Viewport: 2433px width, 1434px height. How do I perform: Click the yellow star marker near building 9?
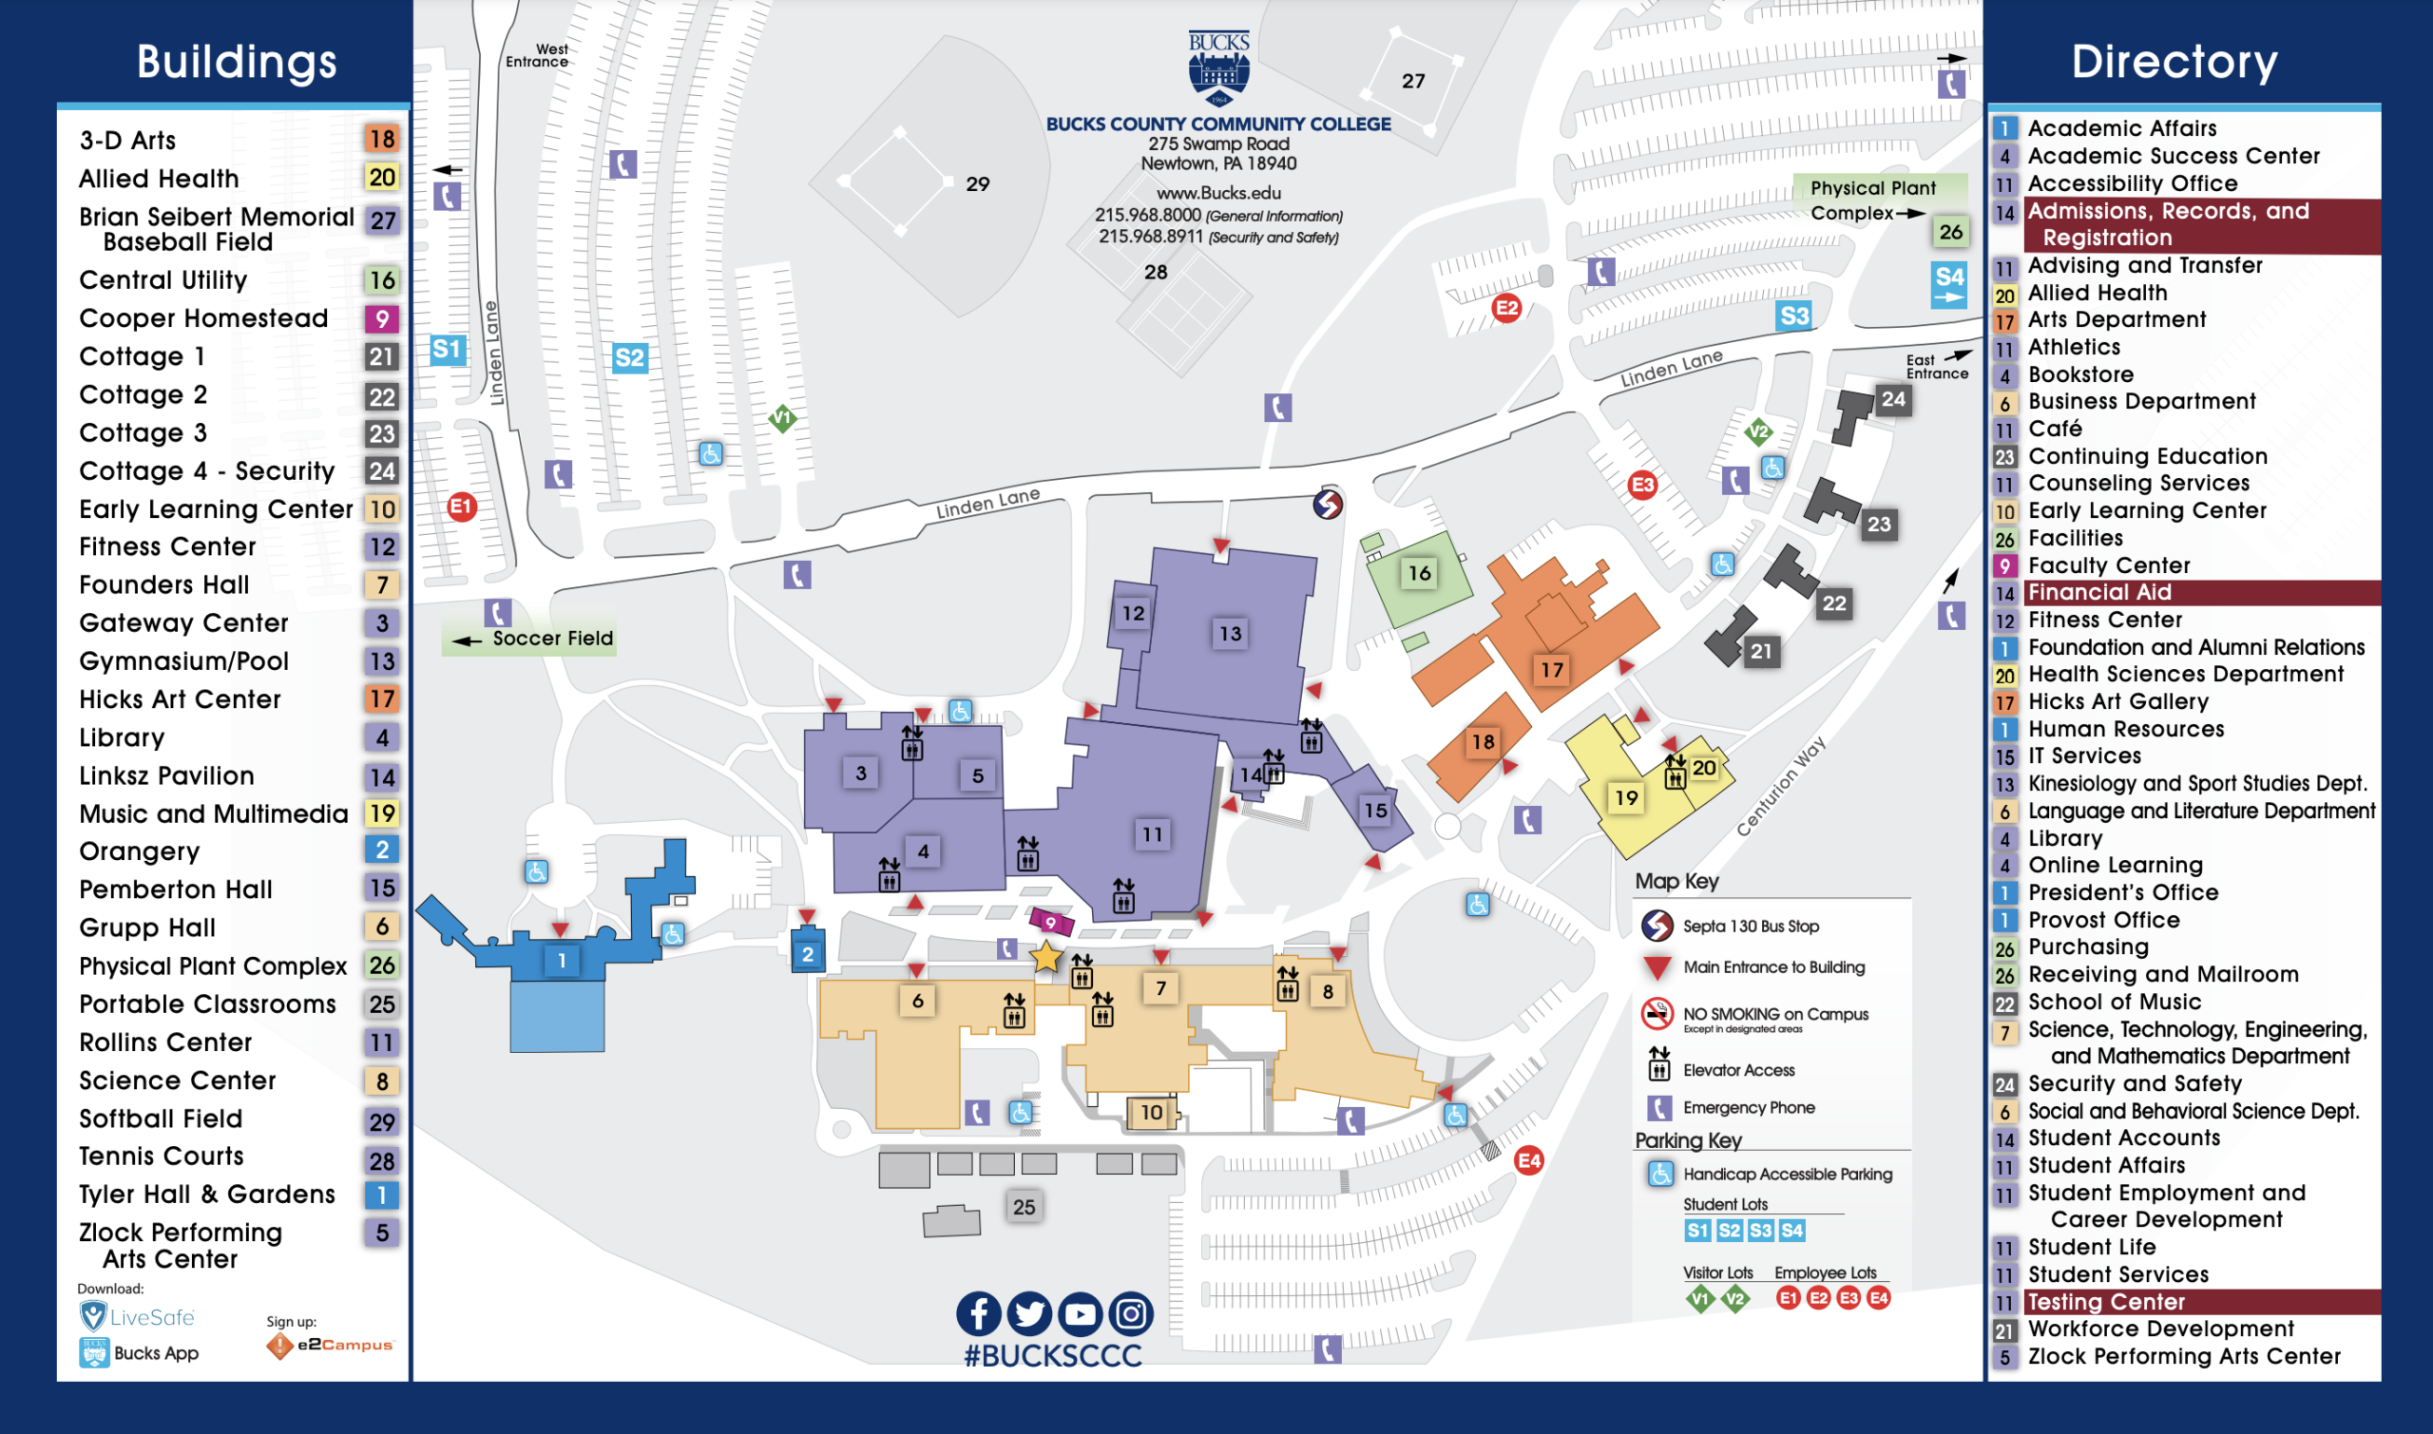pos(1045,956)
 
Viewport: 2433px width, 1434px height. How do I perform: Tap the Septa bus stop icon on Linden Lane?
pos(1327,504)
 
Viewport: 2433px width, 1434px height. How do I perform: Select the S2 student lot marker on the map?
pos(629,357)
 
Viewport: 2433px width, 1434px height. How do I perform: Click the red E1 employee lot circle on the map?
pos(462,506)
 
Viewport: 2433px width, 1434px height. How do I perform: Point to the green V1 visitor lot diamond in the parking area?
pos(781,418)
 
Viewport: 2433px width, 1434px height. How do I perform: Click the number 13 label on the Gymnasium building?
pos(1229,633)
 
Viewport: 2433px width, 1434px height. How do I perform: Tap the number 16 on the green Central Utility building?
pos(1418,573)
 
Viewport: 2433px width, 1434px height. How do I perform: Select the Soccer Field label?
pos(552,638)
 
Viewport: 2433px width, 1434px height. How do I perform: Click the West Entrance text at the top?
pos(537,55)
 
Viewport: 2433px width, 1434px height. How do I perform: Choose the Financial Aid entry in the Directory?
pos(2098,592)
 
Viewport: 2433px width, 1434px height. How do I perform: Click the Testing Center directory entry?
pos(2105,1302)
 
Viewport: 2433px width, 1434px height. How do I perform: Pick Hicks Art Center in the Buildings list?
pos(180,698)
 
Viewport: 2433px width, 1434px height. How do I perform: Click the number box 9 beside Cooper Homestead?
pos(382,319)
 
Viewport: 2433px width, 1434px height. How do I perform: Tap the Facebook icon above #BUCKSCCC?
pos(978,1314)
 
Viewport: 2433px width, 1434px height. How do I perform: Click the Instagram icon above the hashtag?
pos(1131,1314)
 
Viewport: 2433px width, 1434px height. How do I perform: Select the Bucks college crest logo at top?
pos(1218,67)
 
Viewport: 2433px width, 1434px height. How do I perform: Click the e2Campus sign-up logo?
pos(332,1344)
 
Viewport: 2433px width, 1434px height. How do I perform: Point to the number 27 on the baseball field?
pos(1412,81)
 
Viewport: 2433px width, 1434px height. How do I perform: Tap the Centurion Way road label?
pos(1780,786)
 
